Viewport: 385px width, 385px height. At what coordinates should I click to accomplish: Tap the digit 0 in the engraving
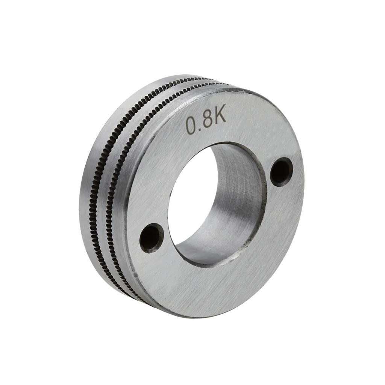pyautogui.click(x=191, y=126)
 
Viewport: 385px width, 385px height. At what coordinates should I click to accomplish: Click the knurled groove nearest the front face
pyautogui.click(x=115, y=172)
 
